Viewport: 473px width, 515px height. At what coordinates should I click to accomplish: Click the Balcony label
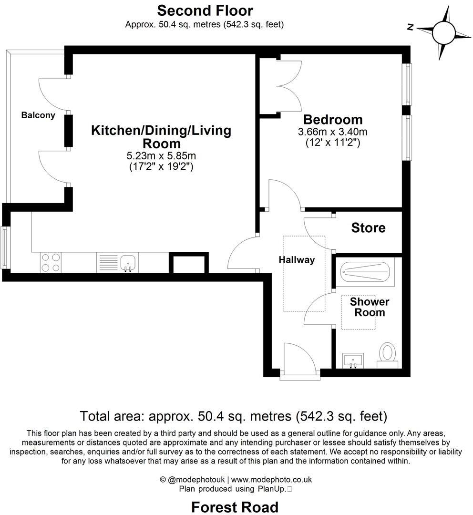(x=38, y=115)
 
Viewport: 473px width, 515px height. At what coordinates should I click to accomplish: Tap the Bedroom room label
(x=333, y=120)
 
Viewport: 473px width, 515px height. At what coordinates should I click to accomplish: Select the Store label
(x=368, y=227)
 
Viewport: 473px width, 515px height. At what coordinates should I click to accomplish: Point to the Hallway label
(x=297, y=260)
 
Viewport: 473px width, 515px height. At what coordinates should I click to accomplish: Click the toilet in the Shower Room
(x=387, y=355)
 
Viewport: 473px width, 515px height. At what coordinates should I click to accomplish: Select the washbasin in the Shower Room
(x=353, y=360)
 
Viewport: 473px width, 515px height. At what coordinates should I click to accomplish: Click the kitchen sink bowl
(x=128, y=262)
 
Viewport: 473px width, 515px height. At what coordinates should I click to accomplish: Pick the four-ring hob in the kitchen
(x=51, y=262)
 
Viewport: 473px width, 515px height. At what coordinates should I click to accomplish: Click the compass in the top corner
(x=444, y=32)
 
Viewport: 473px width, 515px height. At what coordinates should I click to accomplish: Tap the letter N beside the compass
(x=410, y=27)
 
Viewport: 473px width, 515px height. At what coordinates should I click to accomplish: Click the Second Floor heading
(x=205, y=10)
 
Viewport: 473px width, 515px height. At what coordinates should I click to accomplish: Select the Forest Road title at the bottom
(x=235, y=507)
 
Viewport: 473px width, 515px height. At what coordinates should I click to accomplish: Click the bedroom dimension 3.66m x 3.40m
(x=332, y=132)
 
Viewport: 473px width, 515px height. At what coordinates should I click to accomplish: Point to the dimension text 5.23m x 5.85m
(x=161, y=155)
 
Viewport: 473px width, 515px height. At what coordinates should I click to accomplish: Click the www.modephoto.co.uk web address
(x=272, y=480)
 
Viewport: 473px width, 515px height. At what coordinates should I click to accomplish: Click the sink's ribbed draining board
(x=108, y=262)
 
